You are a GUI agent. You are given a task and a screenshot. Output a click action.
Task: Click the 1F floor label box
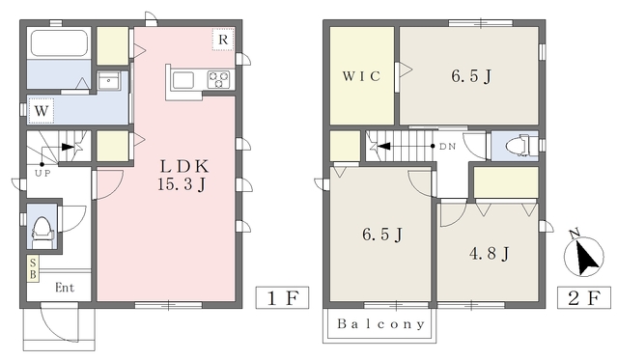tap(282, 297)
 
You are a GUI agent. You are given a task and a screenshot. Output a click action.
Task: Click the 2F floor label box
tap(583, 297)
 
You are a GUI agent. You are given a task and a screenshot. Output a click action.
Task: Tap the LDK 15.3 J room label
tap(183, 176)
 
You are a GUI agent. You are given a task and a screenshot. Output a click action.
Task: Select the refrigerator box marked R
tap(223, 40)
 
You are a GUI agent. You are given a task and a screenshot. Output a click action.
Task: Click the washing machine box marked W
tap(41, 111)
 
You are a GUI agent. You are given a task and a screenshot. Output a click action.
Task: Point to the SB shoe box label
tap(33, 268)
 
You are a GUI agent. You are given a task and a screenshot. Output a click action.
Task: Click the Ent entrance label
tap(65, 288)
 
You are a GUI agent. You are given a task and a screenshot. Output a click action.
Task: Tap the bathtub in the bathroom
tap(59, 42)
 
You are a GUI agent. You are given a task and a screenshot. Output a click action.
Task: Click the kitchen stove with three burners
tap(218, 79)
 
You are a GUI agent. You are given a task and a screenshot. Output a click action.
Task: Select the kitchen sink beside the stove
tap(183, 80)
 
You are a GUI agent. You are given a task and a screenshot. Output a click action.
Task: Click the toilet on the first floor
tap(42, 233)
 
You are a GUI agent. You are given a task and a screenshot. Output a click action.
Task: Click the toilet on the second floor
tap(520, 146)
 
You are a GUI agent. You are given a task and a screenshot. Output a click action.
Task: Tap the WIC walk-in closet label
tap(361, 75)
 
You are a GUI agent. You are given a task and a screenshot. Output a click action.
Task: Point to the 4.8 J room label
tap(490, 253)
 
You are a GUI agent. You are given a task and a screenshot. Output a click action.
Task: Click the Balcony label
tap(380, 324)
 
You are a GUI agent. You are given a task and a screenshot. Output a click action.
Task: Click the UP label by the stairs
tap(42, 174)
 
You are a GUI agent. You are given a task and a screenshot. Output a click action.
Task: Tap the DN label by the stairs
tap(447, 147)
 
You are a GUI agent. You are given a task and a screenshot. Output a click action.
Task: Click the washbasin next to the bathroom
tap(109, 82)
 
